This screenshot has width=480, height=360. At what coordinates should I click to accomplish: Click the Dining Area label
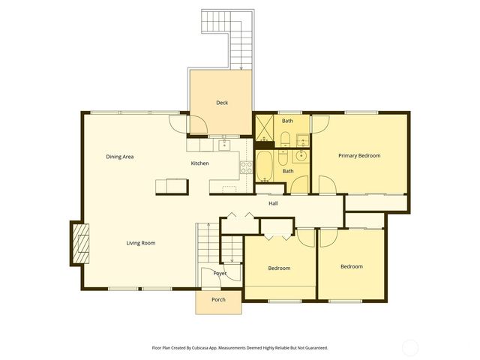click(119, 157)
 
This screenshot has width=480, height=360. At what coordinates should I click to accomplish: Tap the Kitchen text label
click(199, 163)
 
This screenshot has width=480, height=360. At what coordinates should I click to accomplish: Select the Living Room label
click(140, 243)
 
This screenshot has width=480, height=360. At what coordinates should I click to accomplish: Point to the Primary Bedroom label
click(359, 156)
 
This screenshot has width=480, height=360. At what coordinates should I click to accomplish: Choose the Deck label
click(222, 103)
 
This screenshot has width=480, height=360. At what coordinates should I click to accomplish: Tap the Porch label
click(218, 299)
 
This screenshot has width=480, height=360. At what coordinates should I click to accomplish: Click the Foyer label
click(220, 274)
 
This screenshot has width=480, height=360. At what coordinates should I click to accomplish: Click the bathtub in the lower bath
click(265, 166)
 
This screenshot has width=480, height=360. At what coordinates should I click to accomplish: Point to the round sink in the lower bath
click(300, 157)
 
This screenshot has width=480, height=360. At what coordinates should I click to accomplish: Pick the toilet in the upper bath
click(286, 137)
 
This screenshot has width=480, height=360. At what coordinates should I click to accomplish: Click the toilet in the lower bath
click(282, 157)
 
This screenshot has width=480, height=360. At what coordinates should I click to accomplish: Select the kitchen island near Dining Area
click(171, 185)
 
